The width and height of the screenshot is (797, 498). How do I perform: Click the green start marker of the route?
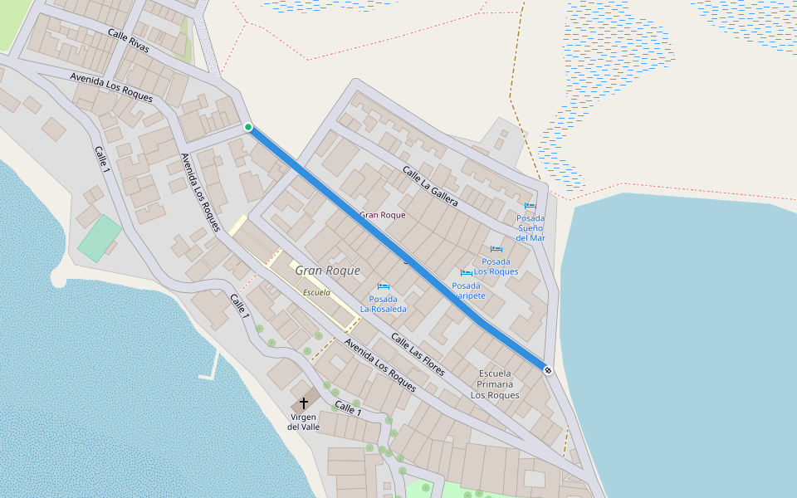[247, 127]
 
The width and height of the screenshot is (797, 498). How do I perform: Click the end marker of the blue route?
[547, 369]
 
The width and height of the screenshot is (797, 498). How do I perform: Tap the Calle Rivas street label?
[129, 41]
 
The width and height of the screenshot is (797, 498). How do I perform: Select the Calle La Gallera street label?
[430, 186]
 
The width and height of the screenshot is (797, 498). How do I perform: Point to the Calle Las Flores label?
[418, 354]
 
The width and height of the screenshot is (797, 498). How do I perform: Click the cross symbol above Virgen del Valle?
[304, 403]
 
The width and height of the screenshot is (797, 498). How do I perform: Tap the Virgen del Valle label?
[304, 422]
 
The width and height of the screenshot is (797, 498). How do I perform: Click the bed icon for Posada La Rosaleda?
[383, 286]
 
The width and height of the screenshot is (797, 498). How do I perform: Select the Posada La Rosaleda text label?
[383, 304]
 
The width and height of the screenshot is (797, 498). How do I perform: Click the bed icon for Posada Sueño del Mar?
[531, 206]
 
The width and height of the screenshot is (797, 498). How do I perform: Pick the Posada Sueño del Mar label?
[531, 227]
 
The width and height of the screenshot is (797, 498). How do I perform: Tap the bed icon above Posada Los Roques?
[496, 249]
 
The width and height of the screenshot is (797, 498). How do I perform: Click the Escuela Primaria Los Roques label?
[495, 383]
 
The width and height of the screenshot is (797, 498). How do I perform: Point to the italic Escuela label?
[316, 293]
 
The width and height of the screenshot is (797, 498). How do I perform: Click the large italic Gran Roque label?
[327, 271]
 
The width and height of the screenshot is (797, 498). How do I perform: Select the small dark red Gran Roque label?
[382, 215]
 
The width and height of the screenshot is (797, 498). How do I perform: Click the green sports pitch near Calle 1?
[100, 238]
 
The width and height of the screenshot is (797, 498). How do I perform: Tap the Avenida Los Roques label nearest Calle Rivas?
[111, 87]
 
